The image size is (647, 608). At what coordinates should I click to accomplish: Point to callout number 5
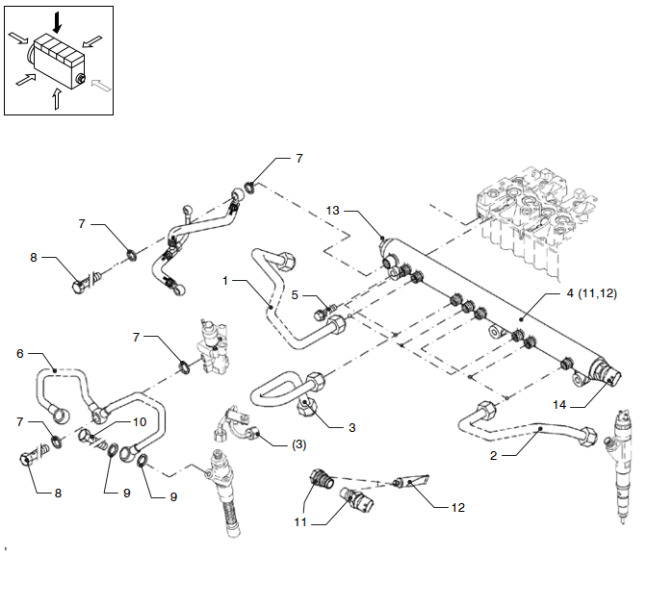pos(297,294)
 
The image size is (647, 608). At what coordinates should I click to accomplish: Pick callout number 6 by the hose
pos(19,353)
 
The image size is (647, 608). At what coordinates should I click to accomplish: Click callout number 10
pos(139,421)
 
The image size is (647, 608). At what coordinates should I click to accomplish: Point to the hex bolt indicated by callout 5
pos(323,313)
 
